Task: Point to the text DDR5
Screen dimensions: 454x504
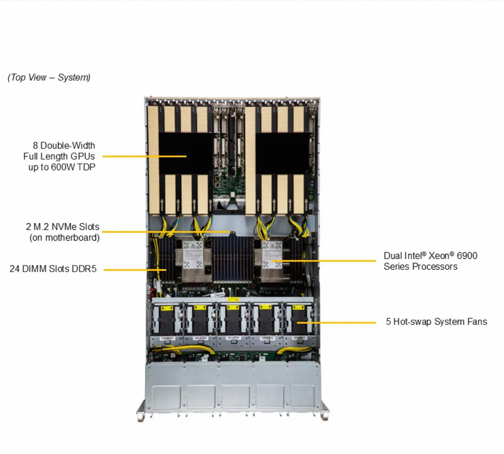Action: (x=85, y=269)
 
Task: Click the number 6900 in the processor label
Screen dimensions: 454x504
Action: (x=466, y=256)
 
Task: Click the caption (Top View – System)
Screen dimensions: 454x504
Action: (x=49, y=77)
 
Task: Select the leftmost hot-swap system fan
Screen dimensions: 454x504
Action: (x=167, y=321)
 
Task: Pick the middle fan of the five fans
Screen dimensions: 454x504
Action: (x=233, y=321)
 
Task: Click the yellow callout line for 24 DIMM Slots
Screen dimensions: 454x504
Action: (x=134, y=270)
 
